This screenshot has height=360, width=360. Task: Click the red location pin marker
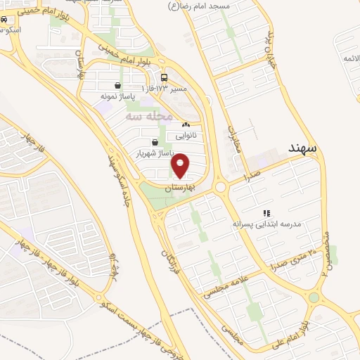click(181, 166)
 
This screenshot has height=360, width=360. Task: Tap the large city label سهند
click(303, 149)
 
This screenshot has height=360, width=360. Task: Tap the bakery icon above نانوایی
click(186, 124)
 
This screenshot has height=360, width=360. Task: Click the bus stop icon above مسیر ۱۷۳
click(165, 77)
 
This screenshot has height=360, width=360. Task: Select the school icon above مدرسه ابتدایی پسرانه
click(266, 213)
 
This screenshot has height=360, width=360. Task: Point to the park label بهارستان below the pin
click(179, 188)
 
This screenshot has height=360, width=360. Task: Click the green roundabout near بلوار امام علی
click(314, 298)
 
